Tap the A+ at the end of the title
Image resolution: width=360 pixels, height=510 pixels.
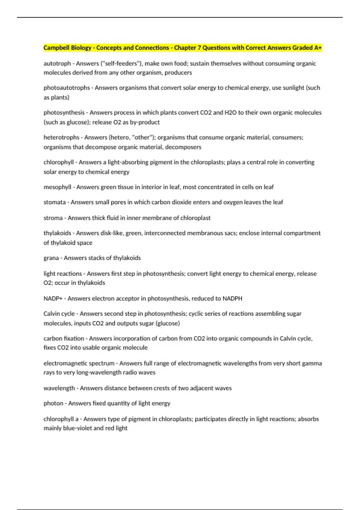318,48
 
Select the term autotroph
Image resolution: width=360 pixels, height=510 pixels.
57,63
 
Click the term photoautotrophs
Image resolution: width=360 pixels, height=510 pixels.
67,88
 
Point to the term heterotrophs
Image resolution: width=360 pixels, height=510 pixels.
61,137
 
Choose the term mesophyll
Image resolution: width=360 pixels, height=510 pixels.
57,187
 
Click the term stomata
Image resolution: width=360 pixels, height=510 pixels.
54,202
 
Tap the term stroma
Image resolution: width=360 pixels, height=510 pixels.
53,218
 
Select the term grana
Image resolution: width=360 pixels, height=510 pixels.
51,258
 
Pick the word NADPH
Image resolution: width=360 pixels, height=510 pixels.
232,298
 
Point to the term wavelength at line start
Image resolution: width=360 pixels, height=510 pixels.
59,388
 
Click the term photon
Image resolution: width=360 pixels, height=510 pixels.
53,403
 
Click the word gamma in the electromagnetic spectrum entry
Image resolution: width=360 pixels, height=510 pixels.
312,363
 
